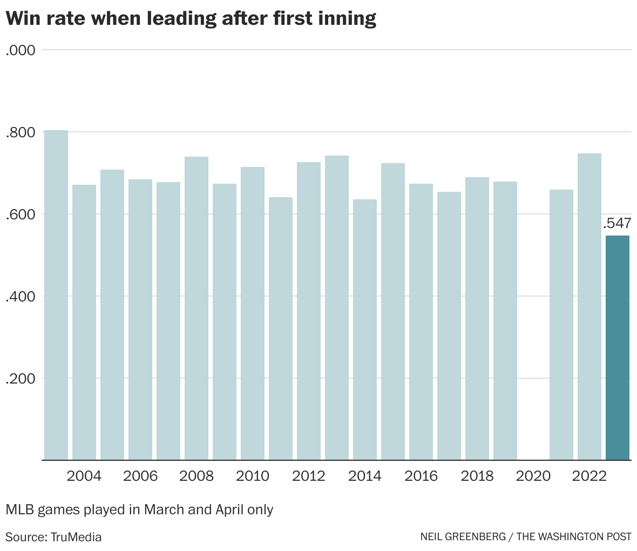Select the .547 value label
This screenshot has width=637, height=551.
point(616,224)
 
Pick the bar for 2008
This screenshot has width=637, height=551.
point(196,308)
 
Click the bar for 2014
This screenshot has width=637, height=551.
point(365,330)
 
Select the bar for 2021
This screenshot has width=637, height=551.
point(561,324)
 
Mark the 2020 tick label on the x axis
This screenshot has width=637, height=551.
point(533,476)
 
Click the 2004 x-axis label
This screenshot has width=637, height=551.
point(84,476)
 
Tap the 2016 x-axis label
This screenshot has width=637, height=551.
point(421,476)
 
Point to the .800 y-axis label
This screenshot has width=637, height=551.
point(21,132)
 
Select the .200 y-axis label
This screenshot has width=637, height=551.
point(21,379)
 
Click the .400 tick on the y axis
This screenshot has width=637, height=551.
point(21,297)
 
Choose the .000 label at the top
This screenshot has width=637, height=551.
point(21,50)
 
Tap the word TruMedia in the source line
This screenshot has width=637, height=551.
point(76,537)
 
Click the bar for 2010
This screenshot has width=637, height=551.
point(253,313)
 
